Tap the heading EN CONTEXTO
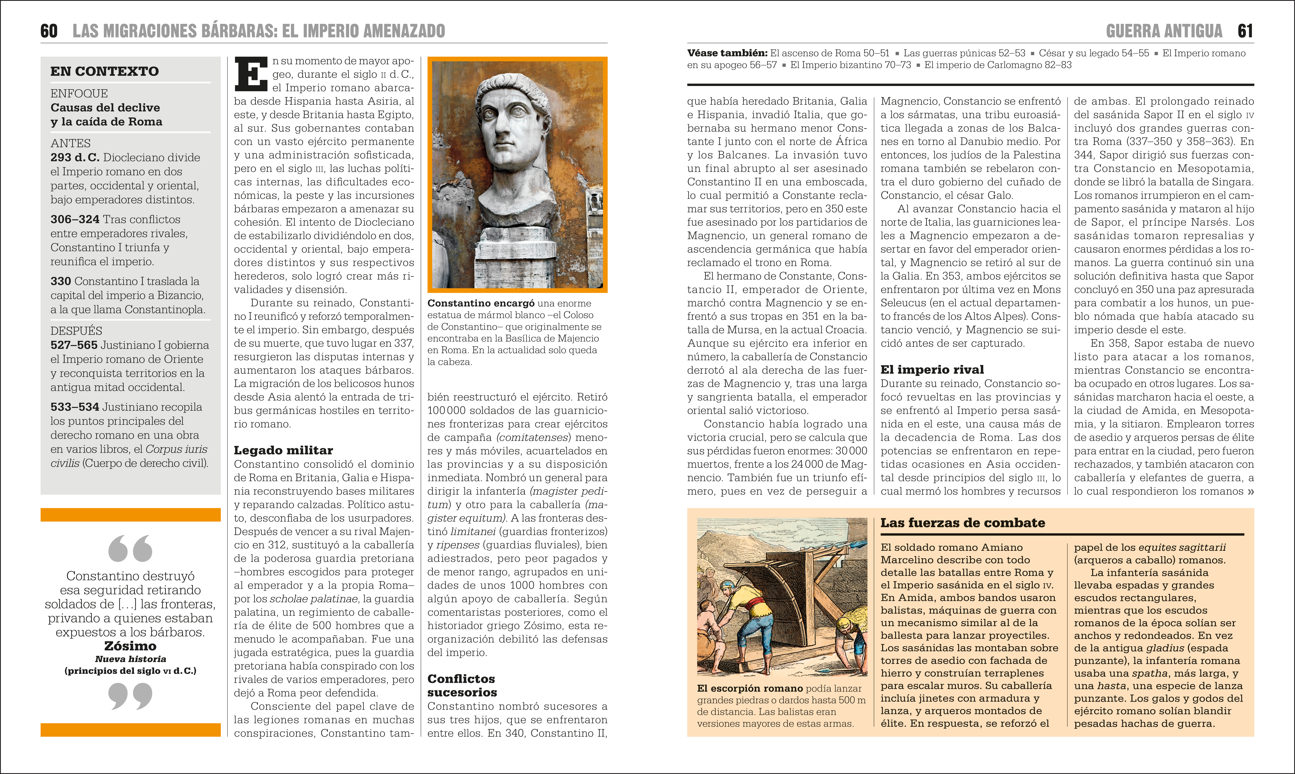click(x=104, y=71)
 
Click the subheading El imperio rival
click(x=932, y=370)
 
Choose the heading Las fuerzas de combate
click(x=963, y=523)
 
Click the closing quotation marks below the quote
click(x=130, y=696)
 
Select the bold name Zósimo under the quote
click(x=130, y=646)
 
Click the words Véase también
click(x=727, y=53)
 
